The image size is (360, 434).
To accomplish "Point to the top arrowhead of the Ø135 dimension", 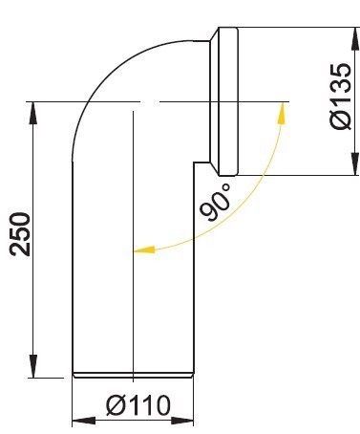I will coord(354,36).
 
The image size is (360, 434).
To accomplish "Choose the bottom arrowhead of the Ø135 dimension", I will coord(354,166).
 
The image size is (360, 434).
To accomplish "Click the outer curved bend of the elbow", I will coord(105,76).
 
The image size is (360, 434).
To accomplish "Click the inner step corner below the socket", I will coord(195,163).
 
